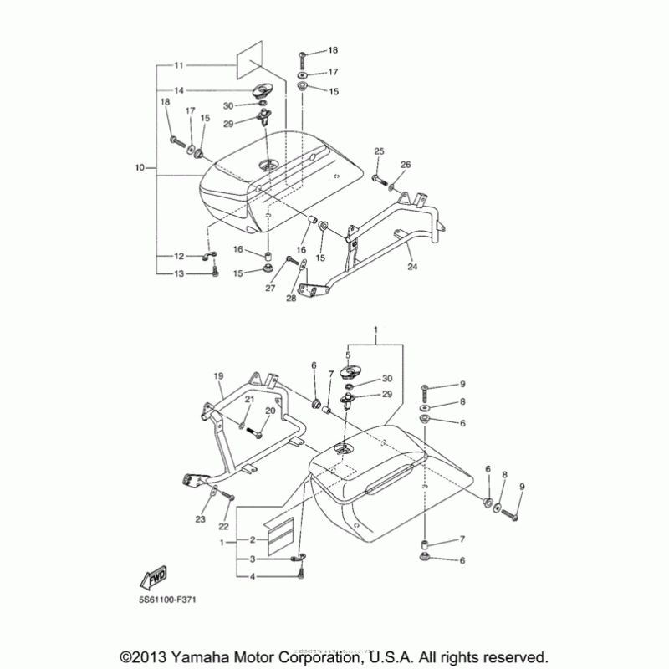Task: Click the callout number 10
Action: pos(139,168)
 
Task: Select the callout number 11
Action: pos(179,64)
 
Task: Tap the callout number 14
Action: pos(179,89)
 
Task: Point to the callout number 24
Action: pos(411,268)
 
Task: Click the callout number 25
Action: pos(379,151)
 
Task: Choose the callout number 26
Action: pos(406,165)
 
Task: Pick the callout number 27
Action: pos(270,289)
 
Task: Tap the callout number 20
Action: pos(270,411)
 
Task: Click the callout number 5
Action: pos(348,355)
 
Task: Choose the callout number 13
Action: pos(179,273)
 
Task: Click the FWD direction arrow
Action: pos(154,577)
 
